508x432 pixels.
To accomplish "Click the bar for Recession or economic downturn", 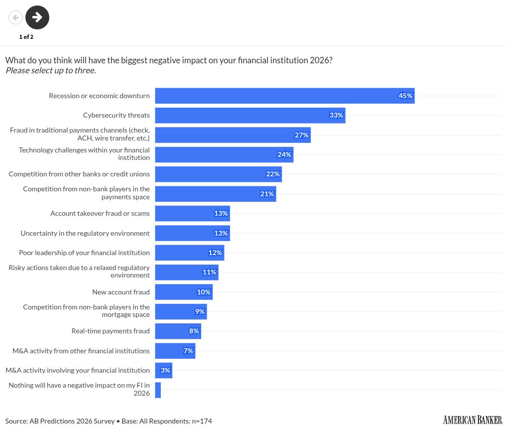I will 284,96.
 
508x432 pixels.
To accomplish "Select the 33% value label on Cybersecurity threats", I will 336,115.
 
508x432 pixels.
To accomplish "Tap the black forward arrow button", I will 37,17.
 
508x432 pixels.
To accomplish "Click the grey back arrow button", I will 15,17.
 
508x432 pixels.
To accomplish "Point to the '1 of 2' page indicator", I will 26,37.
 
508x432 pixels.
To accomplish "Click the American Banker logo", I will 472,420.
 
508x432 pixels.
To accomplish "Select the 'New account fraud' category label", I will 121,292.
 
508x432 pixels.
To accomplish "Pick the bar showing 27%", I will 233,135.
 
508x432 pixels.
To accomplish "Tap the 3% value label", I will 165,370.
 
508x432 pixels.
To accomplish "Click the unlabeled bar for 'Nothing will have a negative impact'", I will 158,390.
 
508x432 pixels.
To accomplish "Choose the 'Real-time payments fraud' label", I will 111,331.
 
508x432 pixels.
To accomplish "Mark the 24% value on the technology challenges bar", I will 284,154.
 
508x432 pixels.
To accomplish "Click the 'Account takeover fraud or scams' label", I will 100,213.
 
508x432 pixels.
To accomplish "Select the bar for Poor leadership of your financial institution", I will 189,253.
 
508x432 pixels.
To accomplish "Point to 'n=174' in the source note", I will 202,421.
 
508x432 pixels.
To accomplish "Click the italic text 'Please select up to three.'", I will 50,70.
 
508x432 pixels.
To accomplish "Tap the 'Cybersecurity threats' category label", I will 116,115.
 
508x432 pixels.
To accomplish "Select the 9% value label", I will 200,311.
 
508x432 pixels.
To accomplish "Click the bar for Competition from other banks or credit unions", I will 218,174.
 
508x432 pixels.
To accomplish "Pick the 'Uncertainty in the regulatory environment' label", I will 85,233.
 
